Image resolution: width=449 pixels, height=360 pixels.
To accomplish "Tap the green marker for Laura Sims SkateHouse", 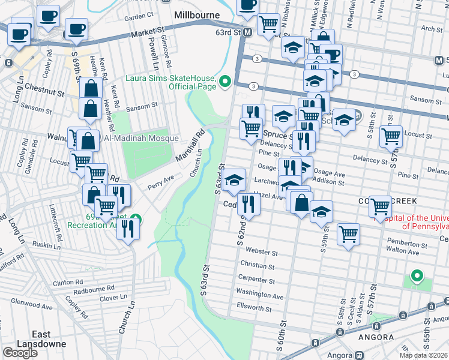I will click(x=226, y=81).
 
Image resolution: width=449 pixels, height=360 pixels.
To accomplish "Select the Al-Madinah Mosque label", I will click(x=142, y=139).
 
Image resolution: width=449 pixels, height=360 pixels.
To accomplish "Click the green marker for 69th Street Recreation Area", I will click(x=137, y=219).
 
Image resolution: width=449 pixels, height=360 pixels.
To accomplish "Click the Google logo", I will click(x=20, y=352).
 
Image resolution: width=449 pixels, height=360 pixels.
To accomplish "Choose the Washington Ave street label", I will click(x=259, y=295).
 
